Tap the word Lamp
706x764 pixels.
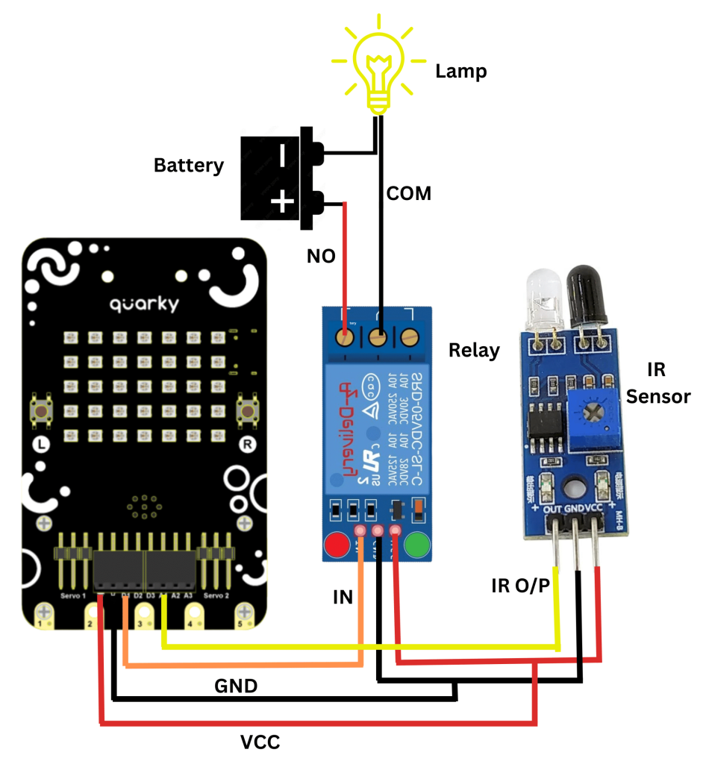click(460, 72)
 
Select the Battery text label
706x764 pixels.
click(188, 165)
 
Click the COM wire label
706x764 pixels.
click(408, 193)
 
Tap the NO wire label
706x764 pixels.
click(321, 257)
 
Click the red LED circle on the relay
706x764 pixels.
click(337, 546)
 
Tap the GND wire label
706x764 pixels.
click(236, 686)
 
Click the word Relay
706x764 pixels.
click(474, 350)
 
